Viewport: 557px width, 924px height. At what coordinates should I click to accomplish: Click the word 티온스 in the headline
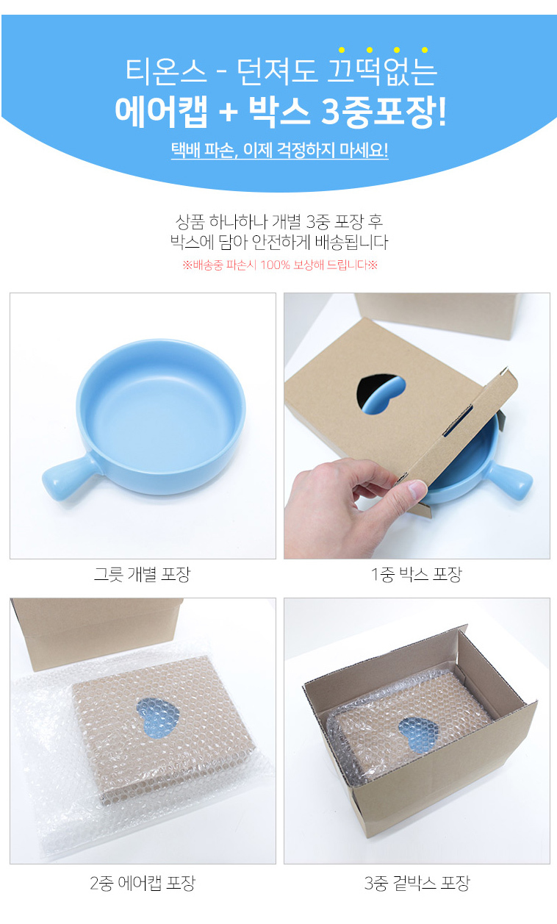(166, 72)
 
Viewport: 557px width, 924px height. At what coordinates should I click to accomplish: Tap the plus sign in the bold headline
(228, 112)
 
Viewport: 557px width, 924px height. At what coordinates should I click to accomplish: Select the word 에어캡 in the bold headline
(161, 112)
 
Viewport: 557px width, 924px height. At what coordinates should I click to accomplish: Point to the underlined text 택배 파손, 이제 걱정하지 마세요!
(279, 150)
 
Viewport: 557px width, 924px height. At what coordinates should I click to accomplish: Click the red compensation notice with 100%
(280, 265)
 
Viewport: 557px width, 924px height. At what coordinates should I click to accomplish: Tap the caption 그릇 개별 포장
(143, 574)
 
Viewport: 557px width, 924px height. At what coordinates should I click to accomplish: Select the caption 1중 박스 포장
(417, 574)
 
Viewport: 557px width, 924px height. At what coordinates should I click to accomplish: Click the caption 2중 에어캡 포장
(143, 883)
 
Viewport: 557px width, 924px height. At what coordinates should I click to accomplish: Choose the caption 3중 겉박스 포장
(417, 883)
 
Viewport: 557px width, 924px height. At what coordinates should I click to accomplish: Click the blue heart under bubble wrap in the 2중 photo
(157, 717)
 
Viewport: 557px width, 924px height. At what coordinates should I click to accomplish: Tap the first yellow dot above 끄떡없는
(342, 50)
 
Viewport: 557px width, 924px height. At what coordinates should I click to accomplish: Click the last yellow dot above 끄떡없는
(424, 50)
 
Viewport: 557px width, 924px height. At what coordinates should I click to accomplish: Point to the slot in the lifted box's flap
(458, 421)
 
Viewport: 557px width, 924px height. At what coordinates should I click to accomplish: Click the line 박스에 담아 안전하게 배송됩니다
(279, 242)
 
